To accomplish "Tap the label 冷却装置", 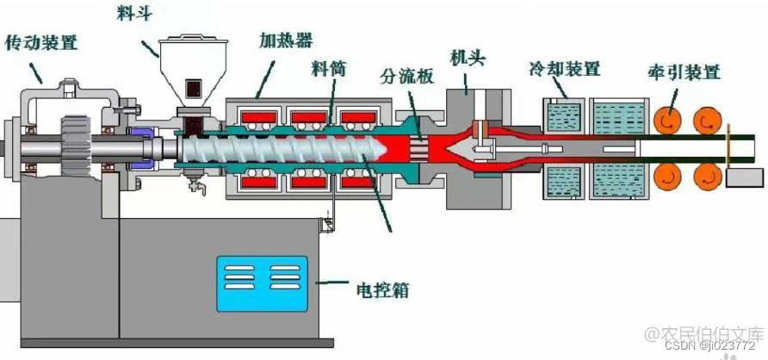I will [x=565, y=68].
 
